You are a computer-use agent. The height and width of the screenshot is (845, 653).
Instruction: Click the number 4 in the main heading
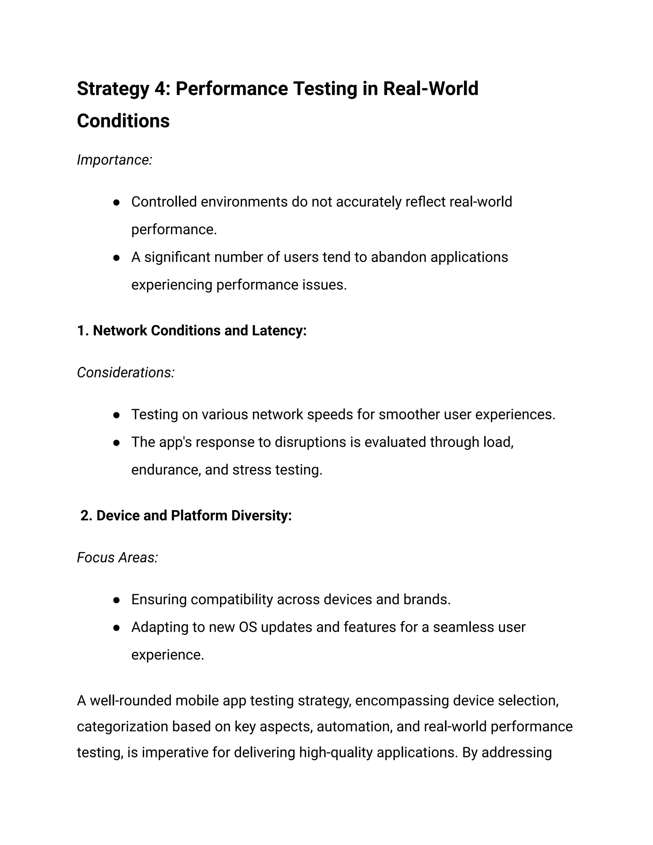click(x=159, y=89)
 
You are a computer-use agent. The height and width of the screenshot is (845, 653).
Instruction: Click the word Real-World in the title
click(x=430, y=89)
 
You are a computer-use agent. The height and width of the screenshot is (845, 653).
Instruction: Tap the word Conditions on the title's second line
click(x=123, y=121)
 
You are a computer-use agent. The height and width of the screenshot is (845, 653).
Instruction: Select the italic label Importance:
click(x=114, y=160)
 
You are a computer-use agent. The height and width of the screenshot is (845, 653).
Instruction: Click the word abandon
click(x=399, y=257)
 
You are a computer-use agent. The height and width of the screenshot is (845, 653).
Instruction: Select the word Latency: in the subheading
click(x=279, y=331)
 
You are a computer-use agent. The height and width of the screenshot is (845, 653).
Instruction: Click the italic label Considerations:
click(x=126, y=372)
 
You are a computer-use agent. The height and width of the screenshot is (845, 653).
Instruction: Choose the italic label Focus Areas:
click(x=117, y=557)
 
